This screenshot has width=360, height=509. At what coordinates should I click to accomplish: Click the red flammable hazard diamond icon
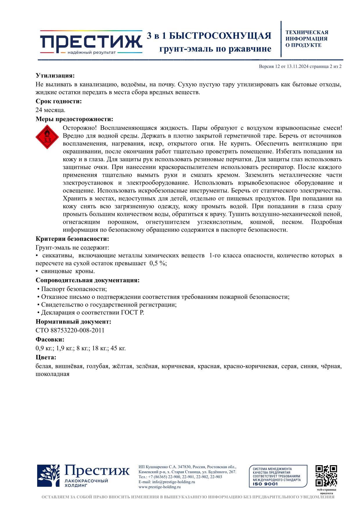47,137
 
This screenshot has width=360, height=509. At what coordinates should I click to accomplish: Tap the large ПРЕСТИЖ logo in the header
91,42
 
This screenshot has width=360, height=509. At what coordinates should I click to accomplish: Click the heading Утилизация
55,76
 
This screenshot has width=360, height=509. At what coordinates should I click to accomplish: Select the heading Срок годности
59,101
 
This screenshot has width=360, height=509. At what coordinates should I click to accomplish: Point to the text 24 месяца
50,110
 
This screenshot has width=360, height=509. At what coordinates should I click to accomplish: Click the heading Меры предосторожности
74,119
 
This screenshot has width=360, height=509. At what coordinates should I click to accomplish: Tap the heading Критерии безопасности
72,239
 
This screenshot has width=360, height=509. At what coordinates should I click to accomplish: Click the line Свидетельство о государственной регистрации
109,305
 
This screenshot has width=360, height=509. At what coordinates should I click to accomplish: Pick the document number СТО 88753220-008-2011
70,330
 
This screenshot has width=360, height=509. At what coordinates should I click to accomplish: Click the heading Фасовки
50,340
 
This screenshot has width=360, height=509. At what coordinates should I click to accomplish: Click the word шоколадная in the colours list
53,374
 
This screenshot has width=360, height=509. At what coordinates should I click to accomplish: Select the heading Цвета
46,357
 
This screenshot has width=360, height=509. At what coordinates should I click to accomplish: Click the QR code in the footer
326,476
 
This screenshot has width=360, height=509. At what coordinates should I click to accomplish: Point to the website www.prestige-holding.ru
160,487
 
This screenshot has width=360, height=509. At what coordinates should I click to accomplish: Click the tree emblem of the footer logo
48,476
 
